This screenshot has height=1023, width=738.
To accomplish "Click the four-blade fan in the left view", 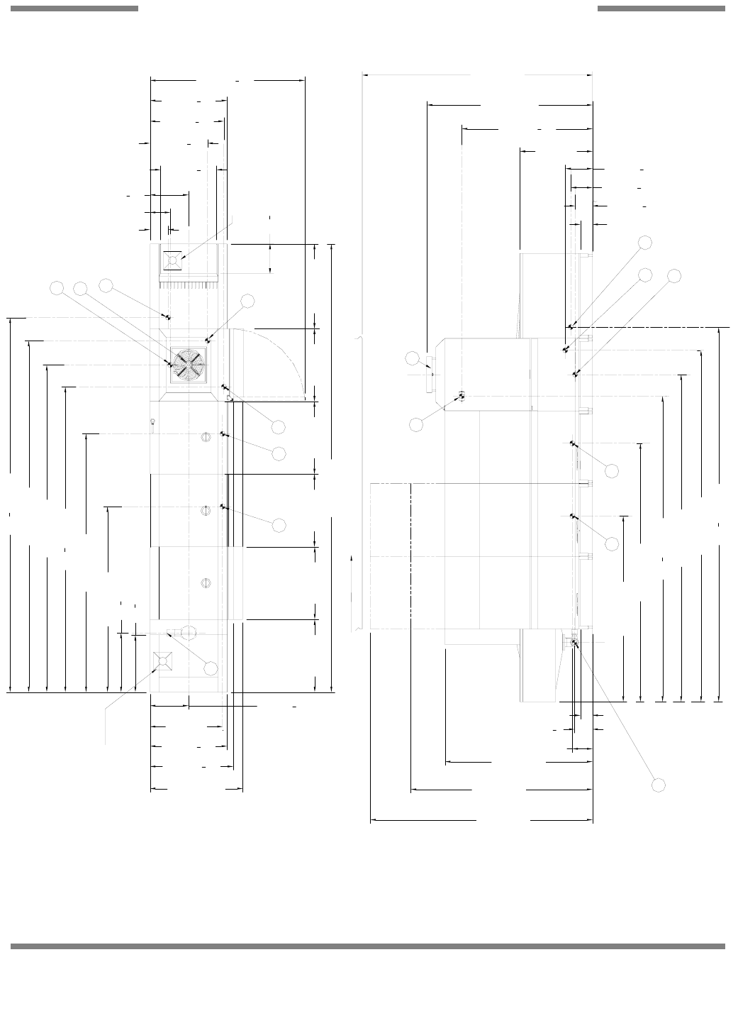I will pyautogui.click(x=189, y=365).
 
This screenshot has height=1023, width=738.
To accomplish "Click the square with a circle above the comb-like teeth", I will pyautogui.click(x=172, y=261).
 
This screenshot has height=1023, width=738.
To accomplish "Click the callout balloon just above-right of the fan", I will pyautogui.click(x=247, y=301).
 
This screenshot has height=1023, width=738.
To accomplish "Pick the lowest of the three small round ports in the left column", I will pyautogui.click(x=206, y=583).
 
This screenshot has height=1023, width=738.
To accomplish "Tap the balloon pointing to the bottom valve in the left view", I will pyautogui.click(x=211, y=668).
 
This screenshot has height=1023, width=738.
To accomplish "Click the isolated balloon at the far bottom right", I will pyautogui.click(x=659, y=785).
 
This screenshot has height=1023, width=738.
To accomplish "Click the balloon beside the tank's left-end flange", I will pyautogui.click(x=413, y=358).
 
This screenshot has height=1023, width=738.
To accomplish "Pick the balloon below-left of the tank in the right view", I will pyautogui.click(x=417, y=424).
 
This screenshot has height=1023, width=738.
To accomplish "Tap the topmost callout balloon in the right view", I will pyautogui.click(x=644, y=242).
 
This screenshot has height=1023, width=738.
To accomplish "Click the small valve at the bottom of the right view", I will pyautogui.click(x=574, y=643).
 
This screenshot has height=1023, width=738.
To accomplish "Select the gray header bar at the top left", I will pyautogui.click(x=74, y=9).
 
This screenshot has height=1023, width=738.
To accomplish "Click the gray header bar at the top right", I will pyautogui.click(x=661, y=9).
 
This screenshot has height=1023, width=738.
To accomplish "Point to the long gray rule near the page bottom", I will pyautogui.click(x=368, y=946).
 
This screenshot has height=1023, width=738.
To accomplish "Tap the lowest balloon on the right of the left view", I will pyautogui.click(x=279, y=524).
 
